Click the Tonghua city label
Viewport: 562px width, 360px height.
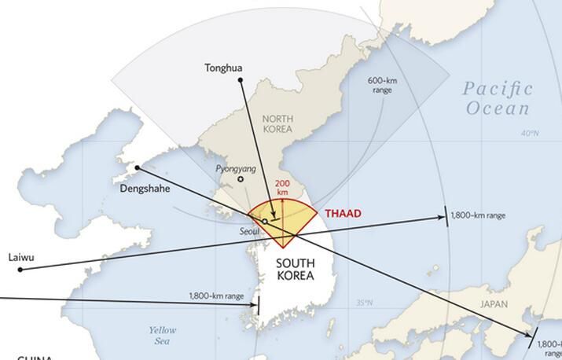pos(223,68)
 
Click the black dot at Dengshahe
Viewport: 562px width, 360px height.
pos(138,167)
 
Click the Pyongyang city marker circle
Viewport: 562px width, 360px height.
pos(241,178)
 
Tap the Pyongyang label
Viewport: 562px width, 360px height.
pos(235,168)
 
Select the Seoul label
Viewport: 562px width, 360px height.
pos(250,231)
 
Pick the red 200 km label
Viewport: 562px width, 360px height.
pos(281,188)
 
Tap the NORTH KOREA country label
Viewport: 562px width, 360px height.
pos(277,123)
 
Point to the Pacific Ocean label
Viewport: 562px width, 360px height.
pos(498,98)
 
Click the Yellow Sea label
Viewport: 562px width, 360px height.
pos(163,336)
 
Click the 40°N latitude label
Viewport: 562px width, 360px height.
pos(531,133)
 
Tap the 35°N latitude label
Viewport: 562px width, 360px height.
pos(364,303)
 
